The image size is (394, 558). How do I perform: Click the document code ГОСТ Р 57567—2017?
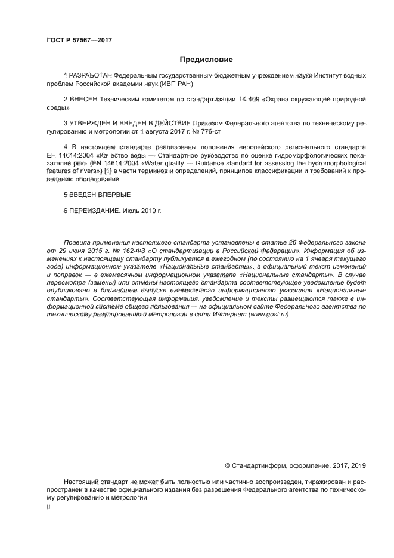(79, 40)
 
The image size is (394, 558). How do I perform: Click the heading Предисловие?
(206, 60)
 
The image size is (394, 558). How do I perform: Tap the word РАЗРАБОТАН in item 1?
(91, 76)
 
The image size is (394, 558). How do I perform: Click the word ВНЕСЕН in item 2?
(85, 100)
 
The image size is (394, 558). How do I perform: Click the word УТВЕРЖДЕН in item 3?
(93, 123)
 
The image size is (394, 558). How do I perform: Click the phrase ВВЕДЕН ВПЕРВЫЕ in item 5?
(100, 195)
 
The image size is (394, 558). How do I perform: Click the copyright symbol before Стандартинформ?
(227, 465)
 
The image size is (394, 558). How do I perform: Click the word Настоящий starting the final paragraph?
(82, 481)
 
